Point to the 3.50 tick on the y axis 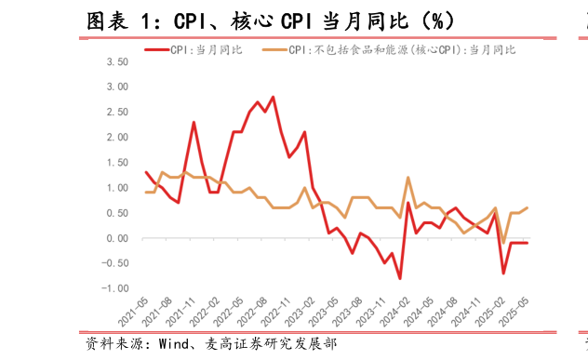116,61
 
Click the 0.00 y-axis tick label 116,239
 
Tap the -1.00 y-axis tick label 114,289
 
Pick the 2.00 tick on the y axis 116,138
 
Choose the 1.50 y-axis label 116,163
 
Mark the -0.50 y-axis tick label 114,264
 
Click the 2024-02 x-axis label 395,313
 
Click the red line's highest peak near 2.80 273,97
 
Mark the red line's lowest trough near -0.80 400,279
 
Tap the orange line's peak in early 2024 408,178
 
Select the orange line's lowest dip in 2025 503,243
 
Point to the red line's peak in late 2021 194,122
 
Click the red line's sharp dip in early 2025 503,273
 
